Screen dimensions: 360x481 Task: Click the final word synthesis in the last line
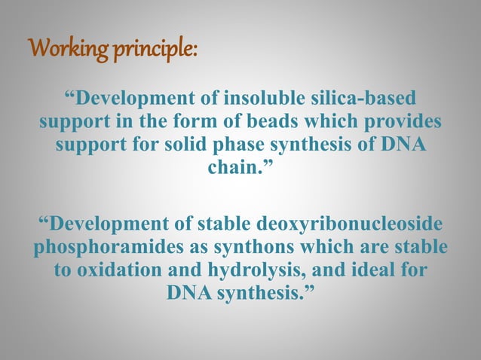(x=258, y=292)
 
